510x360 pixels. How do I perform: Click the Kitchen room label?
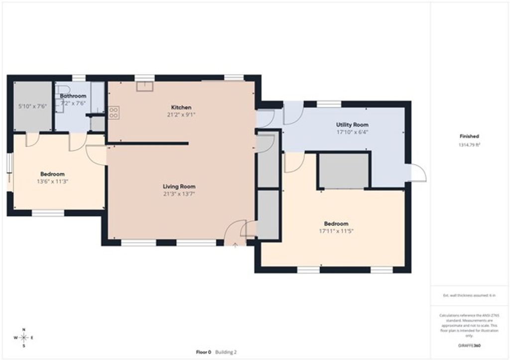181,108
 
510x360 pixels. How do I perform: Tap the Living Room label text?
178,187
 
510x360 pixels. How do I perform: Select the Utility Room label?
352,124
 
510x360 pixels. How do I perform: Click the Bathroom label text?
73,96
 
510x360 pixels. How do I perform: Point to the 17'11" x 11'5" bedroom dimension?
336,231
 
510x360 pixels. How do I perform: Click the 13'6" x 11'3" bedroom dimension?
52,181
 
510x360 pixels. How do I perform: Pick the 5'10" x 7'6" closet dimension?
32,106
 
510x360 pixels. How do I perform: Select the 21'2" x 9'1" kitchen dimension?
181,115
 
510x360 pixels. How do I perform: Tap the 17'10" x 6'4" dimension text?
352,132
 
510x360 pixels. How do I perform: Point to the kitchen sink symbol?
145,86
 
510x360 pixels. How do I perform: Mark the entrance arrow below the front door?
235,245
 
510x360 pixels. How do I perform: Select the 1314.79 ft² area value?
469,144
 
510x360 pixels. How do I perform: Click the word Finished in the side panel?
469,136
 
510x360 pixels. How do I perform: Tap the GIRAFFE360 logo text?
469,345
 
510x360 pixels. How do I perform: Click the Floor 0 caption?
203,352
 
